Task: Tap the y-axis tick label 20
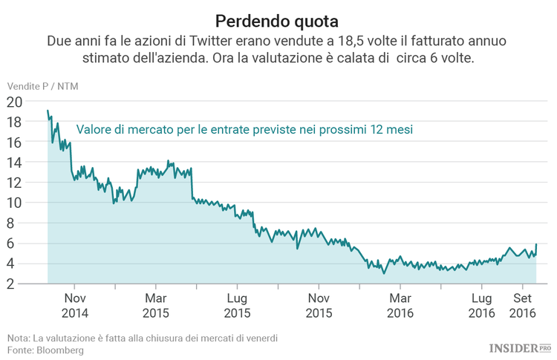click(14, 102)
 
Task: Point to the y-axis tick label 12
click(14, 183)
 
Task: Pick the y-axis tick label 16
click(14, 143)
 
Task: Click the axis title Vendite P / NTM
click(42, 86)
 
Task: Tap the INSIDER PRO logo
click(520, 347)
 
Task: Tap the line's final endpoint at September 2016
click(536, 244)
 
